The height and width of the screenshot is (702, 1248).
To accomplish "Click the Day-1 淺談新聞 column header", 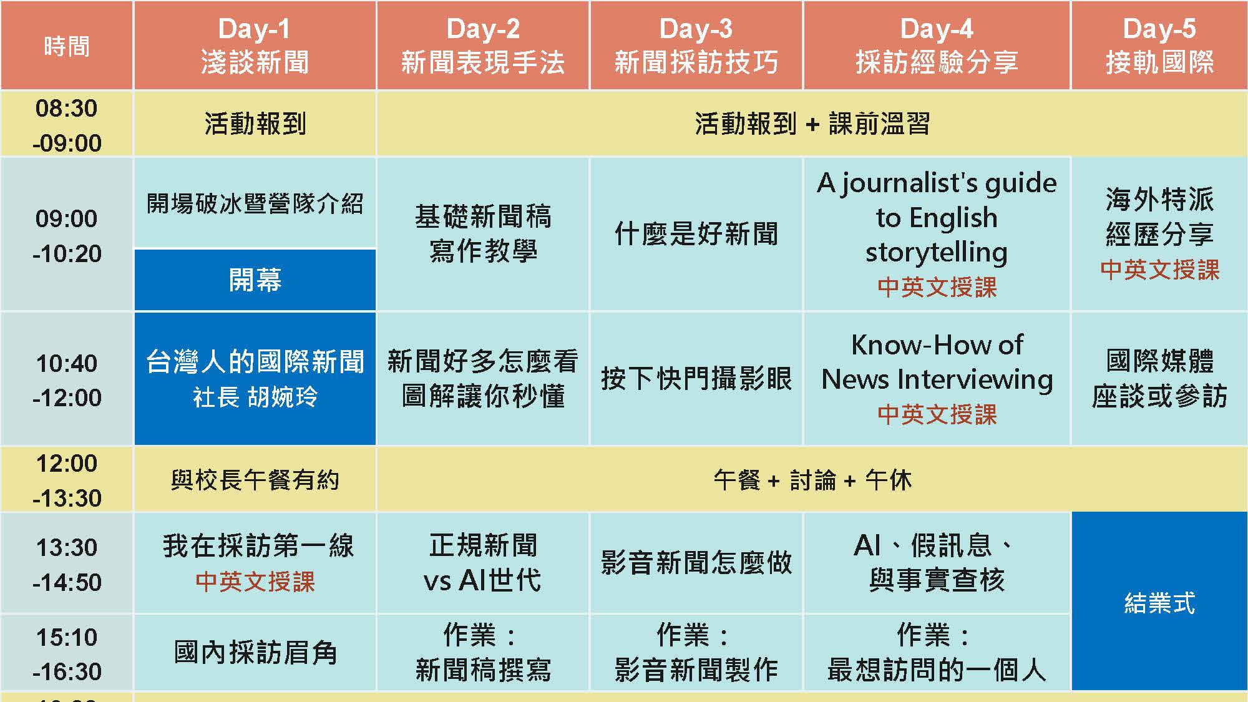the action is tap(255, 46).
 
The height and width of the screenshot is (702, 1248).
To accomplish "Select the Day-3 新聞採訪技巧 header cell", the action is tap(696, 46).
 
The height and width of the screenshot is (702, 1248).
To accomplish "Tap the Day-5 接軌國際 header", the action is tap(1159, 46).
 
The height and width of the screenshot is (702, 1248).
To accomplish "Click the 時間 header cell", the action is tap(67, 46).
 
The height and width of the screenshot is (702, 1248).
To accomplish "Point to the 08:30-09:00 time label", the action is tap(67, 125).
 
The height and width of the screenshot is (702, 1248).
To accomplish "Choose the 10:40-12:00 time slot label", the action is tap(67, 380).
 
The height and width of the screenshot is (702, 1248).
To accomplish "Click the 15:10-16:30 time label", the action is tap(67, 654).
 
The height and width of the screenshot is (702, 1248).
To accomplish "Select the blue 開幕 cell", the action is tap(255, 280).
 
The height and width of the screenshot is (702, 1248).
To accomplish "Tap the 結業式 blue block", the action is tap(1159, 602).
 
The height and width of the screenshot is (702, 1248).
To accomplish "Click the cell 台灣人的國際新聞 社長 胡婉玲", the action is tap(255, 379).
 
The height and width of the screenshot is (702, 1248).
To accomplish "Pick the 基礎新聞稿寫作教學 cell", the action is tap(483, 234).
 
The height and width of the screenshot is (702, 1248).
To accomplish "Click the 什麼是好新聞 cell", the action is tap(696, 234).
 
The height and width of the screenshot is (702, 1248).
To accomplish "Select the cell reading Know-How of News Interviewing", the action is tap(937, 379).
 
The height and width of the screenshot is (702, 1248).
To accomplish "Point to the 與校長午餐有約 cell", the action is tap(255, 480).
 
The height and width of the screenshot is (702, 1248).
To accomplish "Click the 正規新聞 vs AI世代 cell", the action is tap(483, 563).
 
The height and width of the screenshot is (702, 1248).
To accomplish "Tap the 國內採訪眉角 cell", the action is tap(255, 653).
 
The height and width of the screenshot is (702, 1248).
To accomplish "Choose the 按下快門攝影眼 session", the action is tap(696, 379).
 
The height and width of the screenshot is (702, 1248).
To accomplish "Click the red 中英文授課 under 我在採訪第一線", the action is tap(255, 582).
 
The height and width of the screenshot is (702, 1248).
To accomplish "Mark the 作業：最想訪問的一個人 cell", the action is tap(937, 653).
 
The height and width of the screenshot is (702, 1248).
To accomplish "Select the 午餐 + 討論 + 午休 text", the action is tap(812, 480).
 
